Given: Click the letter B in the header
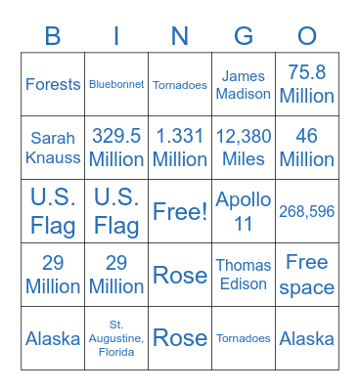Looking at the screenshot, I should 53,36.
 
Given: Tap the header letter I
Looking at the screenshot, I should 116,36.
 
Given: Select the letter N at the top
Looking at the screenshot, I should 180,36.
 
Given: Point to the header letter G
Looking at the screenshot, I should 244,36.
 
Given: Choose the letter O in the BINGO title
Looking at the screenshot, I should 307,36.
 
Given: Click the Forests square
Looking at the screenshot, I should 53,84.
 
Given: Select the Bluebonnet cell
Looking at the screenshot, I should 116,84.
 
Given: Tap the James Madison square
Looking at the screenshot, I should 244,84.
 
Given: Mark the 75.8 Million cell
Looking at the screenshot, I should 307,84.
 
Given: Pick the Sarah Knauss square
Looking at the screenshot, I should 53,148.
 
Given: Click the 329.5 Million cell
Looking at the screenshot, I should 116,148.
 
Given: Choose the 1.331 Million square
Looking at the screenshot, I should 180,148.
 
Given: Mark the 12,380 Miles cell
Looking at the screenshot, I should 244,148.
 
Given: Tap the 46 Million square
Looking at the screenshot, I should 307,148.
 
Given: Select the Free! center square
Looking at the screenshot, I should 180,211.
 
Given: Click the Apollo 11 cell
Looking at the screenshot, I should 244,211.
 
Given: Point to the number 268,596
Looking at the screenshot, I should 307,211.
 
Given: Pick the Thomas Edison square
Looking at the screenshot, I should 244,275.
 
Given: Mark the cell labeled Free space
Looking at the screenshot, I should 307,275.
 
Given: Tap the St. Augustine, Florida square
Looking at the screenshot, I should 116,338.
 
